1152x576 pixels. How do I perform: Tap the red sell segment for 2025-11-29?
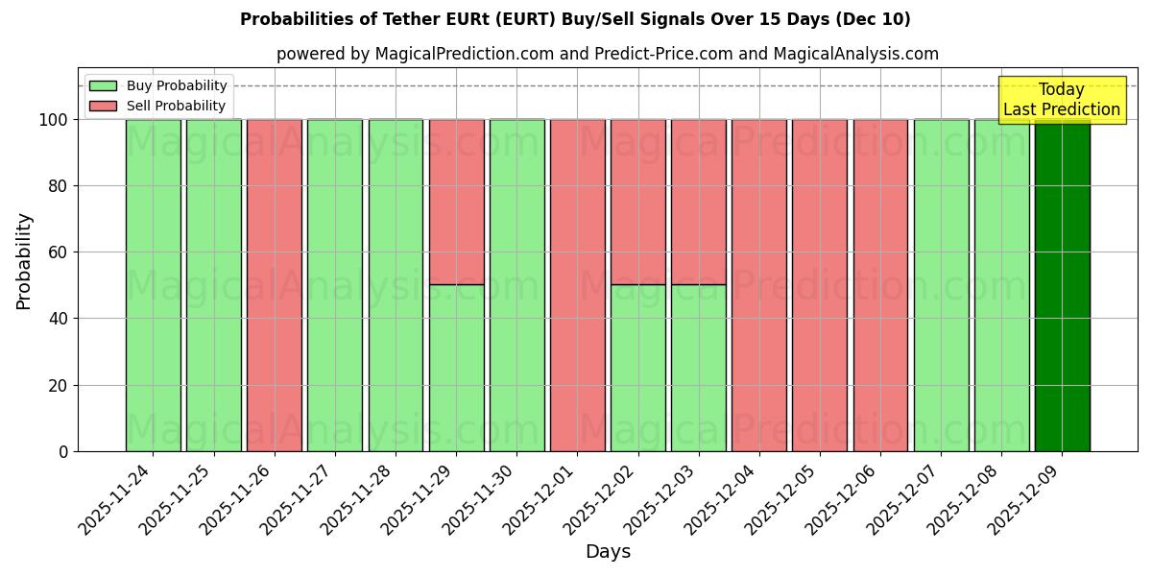tap(456, 202)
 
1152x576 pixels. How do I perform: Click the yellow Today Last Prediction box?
tap(1062, 100)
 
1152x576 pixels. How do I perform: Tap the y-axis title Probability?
tap(24, 260)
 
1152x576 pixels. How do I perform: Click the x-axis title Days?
tap(608, 552)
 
